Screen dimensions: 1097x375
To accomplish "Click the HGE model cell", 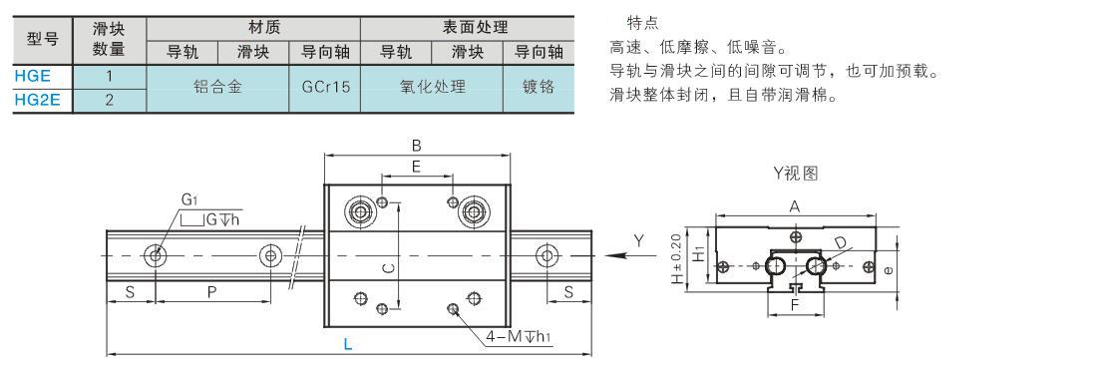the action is (43, 76).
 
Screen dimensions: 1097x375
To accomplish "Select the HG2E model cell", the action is (43, 100).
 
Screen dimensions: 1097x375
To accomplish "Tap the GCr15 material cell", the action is (325, 88).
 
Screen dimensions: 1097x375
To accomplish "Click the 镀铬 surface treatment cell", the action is (538, 88).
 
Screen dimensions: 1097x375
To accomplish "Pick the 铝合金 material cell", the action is (217, 88).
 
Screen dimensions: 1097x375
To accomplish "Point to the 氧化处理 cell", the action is (432, 88).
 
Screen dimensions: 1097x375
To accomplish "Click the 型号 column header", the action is (43, 40).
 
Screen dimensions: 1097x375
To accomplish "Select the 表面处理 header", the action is (468, 28).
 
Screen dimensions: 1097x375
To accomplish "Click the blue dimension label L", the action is (348, 343).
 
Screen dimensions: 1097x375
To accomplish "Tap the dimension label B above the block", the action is (416, 147).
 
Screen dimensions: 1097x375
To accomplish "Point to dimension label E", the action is (416, 167).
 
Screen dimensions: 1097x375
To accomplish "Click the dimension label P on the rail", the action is (212, 292).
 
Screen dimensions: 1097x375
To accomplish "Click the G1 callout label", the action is (189, 200).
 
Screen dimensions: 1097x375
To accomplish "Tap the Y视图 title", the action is (796, 174).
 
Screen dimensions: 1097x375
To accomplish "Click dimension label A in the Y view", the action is (794, 206).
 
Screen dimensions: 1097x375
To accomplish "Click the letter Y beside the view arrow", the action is (638, 240).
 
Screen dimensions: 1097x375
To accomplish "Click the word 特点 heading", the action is (642, 25).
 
